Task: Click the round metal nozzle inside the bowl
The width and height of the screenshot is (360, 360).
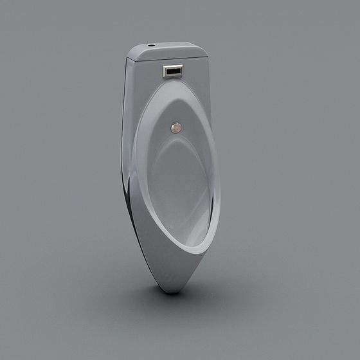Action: pyautogui.click(x=175, y=127)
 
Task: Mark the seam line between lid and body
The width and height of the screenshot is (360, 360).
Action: pyautogui.click(x=168, y=60)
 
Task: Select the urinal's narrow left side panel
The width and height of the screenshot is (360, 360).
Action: pyautogui.click(x=127, y=129)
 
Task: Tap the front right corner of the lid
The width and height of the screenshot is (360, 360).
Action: pyautogui.click(x=208, y=58)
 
